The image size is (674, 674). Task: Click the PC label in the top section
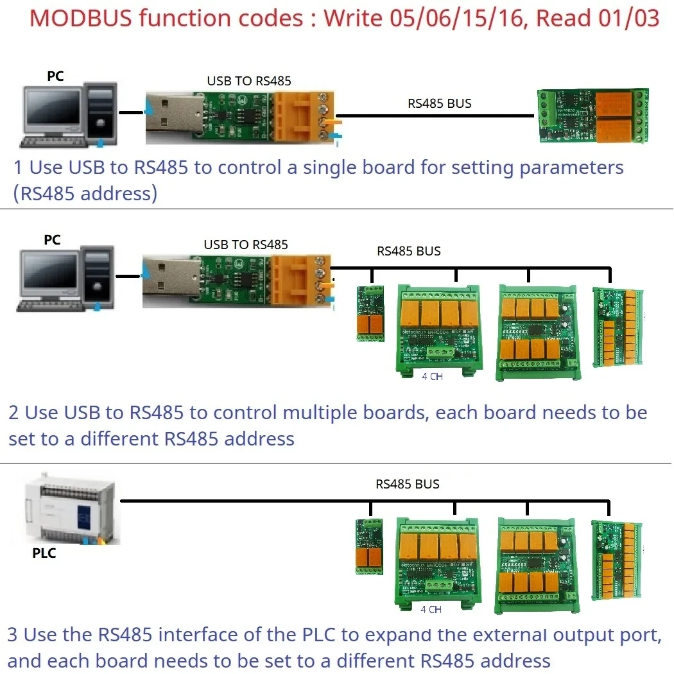click(x=56, y=76)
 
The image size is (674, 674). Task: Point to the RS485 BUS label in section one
click(x=439, y=103)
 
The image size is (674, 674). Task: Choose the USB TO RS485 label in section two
click(x=246, y=245)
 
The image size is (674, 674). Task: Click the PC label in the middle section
click(x=52, y=239)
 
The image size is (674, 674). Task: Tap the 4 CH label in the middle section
click(x=432, y=377)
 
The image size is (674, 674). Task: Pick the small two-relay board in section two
click(x=370, y=313)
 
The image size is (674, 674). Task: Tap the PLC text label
click(x=44, y=553)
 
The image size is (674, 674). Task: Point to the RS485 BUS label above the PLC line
click(x=408, y=484)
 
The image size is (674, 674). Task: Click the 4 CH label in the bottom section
click(x=431, y=609)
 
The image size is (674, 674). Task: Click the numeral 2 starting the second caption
click(x=14, y=413)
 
